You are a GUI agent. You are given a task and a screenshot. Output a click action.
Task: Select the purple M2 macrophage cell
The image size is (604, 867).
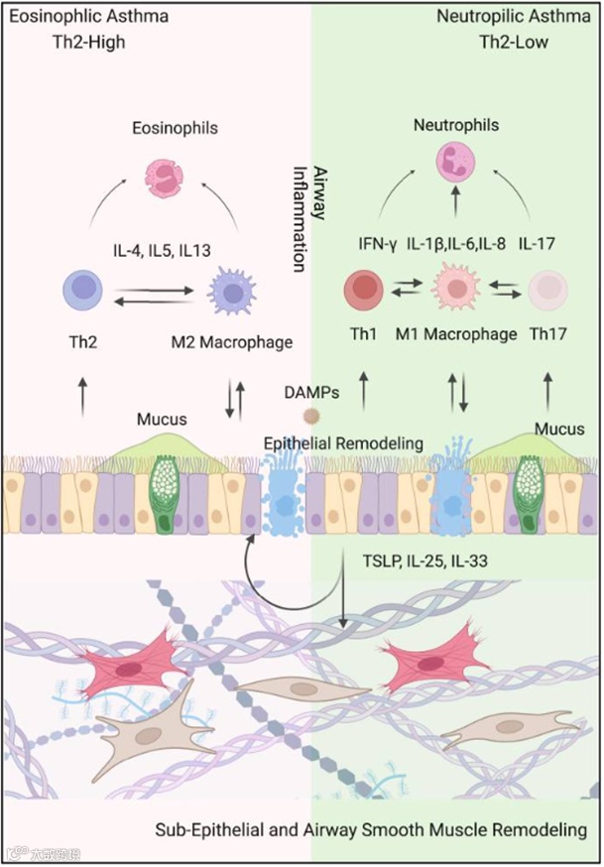[x=233, y=296]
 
